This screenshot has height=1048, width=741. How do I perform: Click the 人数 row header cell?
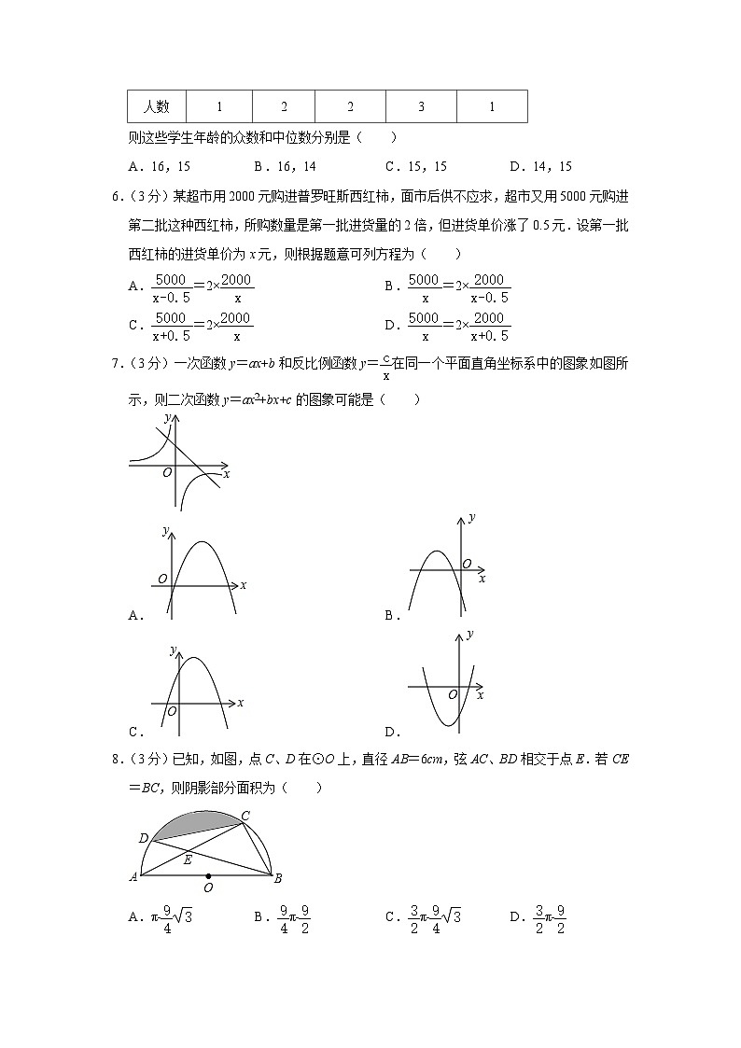[x=156, y=106]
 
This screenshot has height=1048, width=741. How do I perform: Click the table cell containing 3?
[x=421, y=106]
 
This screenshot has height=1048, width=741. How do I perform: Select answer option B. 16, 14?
[x=285, y=167]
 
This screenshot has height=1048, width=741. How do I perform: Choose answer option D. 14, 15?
[x=540, y=167]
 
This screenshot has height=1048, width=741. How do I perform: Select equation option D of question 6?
[x=448, y=328]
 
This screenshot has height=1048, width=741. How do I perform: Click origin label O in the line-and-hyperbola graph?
[x=166, y=472]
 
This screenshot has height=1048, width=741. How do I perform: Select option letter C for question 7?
[x=135, y=732]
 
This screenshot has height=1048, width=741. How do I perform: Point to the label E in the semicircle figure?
[x=188, y=859]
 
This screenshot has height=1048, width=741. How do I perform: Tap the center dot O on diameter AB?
[x=207, y=876]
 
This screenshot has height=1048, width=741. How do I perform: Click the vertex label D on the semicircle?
[x=143, y=839]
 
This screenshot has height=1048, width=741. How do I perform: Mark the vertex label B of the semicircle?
[x=278, y=878]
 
